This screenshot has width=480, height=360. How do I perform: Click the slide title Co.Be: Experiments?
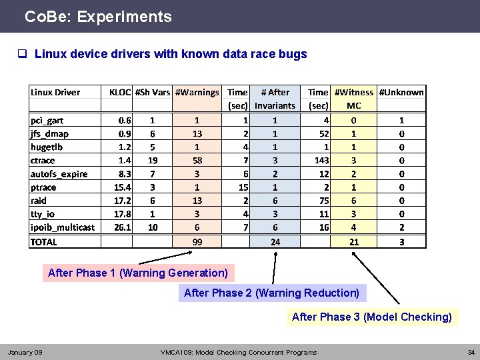point(98,17)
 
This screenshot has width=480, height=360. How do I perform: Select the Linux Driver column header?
point(55,93)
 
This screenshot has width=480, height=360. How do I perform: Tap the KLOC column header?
point(120,93)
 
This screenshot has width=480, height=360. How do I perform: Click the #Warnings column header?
point(197,93)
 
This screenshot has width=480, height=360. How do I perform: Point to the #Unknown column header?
point(401,93)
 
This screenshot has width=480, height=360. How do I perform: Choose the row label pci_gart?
point(47,121)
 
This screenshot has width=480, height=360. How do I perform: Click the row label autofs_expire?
point(59,174)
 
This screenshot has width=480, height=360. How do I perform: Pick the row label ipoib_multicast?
point(63,227)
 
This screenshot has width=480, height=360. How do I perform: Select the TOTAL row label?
point(44,242)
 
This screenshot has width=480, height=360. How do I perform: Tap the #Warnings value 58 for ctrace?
point(197,161)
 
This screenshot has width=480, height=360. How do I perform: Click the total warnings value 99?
point(197,242)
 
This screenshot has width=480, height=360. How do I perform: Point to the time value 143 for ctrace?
point(322,161)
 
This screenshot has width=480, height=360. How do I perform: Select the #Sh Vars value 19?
point(153,161)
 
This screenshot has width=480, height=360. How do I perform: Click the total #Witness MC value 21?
point(354,242)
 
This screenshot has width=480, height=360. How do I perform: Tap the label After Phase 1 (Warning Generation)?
point(138,273)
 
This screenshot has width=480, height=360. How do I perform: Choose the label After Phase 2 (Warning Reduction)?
point(271,293)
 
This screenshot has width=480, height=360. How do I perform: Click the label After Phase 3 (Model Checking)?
point(372,317)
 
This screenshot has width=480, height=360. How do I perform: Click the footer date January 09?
point(25,352)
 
